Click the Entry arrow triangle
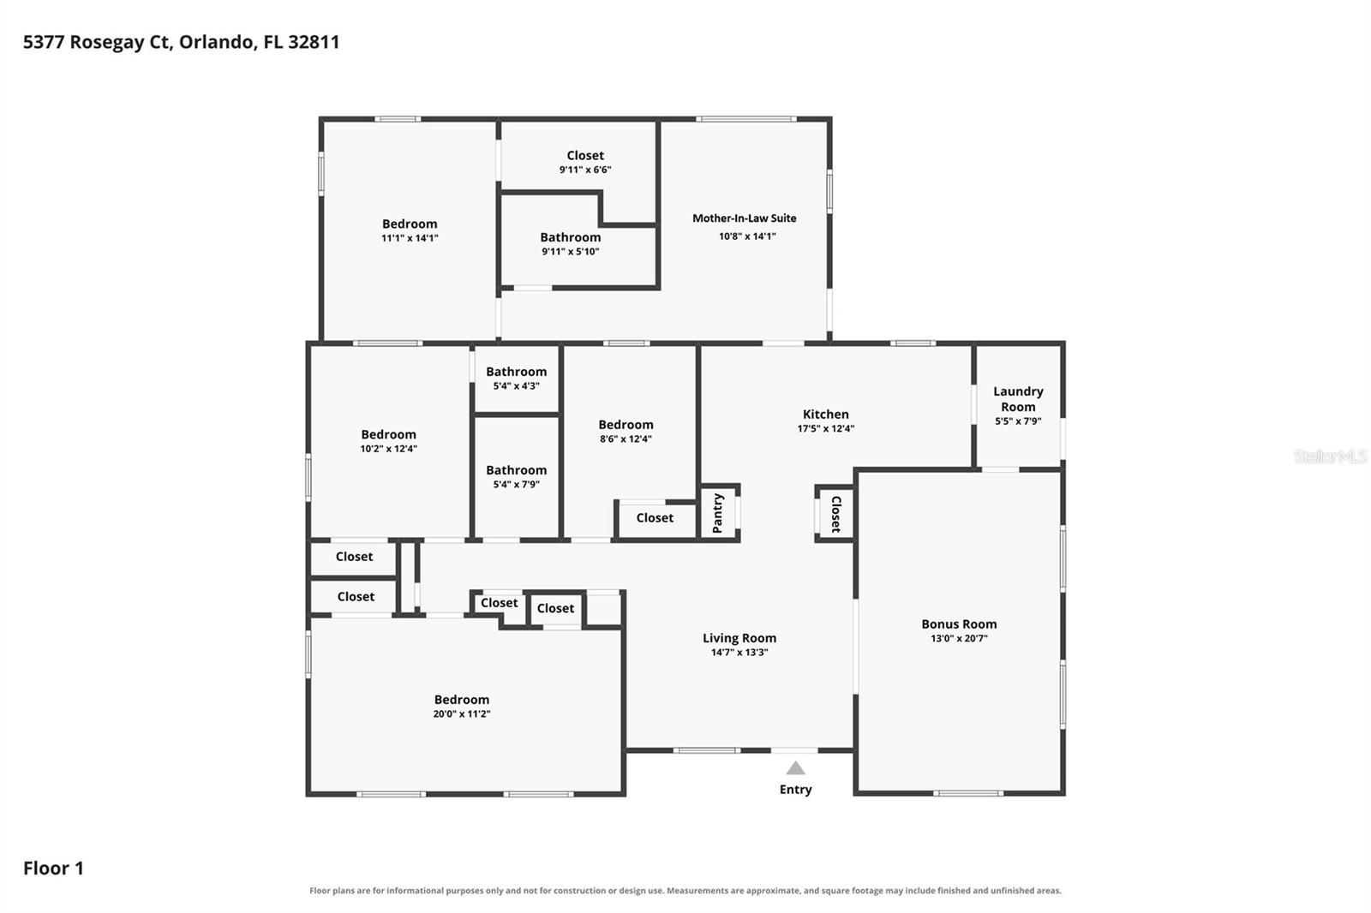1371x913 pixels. point(795,768)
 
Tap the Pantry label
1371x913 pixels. point(718,513)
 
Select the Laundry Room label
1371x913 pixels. point(1018,399)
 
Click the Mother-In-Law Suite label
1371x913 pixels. point(745,218)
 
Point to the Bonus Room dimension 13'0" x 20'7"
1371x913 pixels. point(959,638)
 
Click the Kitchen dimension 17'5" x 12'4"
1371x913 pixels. point(826,428)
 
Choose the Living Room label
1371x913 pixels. point(739,637)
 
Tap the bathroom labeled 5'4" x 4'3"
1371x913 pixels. point(517,372)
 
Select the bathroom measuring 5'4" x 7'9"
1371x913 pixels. point(517,470)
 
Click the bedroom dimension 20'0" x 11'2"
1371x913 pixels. point(462,713)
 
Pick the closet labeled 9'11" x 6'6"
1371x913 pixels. point(585,155)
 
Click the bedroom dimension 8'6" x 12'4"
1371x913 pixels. point(626,439)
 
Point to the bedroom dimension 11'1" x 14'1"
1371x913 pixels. point(410,238)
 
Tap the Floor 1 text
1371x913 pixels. point(53,868)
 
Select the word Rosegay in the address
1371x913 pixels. point(107,42)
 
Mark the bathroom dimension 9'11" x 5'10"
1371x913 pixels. point(570,252)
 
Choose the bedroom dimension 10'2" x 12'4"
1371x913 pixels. point(389,449)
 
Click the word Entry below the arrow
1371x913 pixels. point(796,790)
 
